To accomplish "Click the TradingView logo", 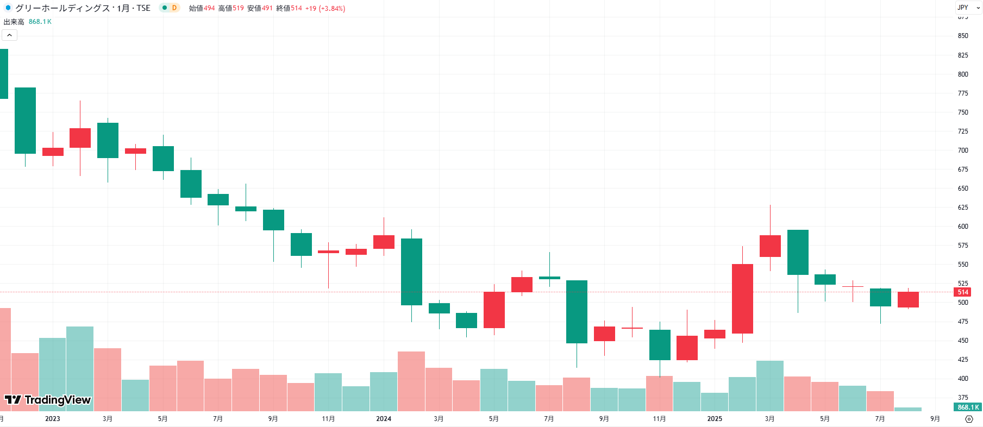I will (x=48, y=400).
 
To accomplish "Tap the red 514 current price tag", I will (x=962, y=292).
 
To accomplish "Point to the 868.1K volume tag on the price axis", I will (x=968, y=407).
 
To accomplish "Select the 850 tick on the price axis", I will (x=963, y=36).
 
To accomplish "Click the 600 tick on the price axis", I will (x=963, y=227).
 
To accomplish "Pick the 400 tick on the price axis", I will (x=963, y=379).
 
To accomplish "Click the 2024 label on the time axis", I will (x=384, y=419).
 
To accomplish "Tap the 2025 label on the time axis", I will (x=715, y=419).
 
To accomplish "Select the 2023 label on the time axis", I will (x=53, y=419).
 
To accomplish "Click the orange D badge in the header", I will (x=174, y=8).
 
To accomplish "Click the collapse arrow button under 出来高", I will (x=10, y=35).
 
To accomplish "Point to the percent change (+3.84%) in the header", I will (x=332, y=9).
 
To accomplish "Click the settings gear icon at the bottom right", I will (x=969, y=419).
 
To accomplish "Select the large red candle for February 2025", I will (x=742, y=299).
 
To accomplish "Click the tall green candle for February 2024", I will (x=411, y=272).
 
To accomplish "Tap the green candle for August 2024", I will (x=577, y=311).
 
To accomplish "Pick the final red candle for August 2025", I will (x=908, y=299).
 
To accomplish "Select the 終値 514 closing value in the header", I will (x=289, y=9).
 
